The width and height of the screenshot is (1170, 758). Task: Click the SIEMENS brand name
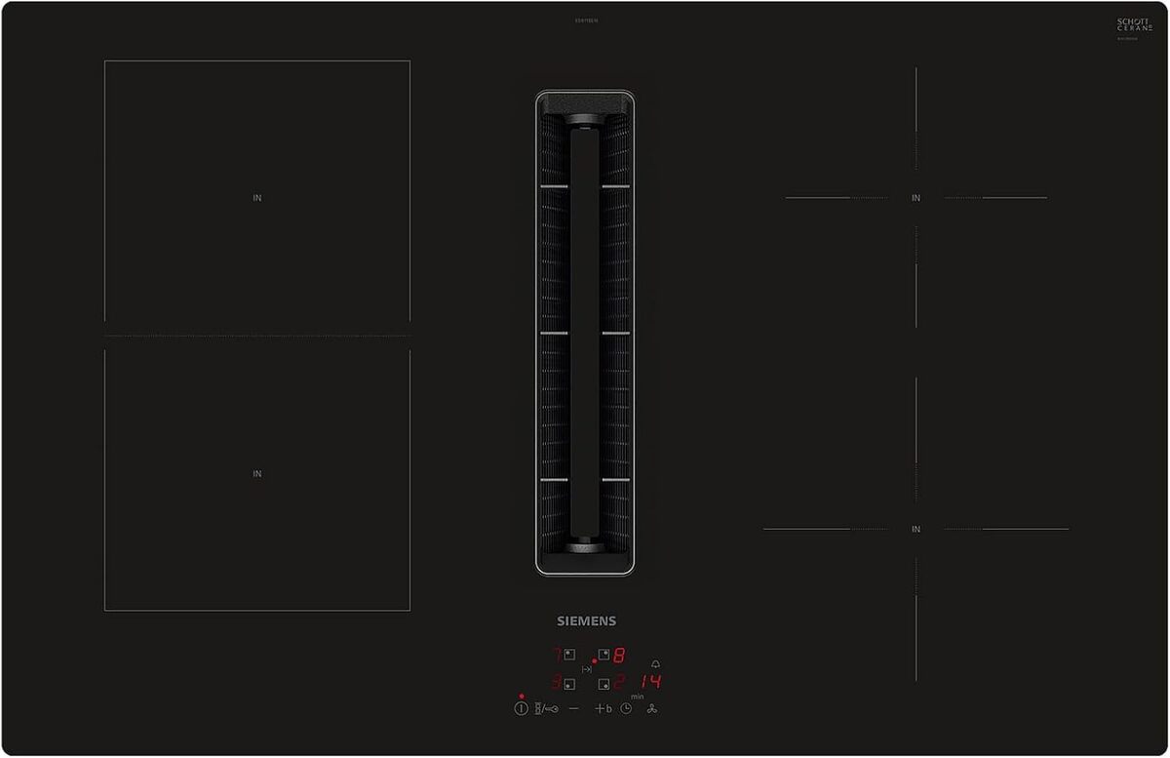586,620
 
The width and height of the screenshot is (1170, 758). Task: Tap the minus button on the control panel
573,708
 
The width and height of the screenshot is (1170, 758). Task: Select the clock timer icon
626,708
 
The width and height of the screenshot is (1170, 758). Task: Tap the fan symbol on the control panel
652,708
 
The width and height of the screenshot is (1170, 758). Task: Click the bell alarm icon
655,663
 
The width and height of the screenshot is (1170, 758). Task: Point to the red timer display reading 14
650,682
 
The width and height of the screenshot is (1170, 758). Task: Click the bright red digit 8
618,656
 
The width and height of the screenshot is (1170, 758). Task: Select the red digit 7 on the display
557,655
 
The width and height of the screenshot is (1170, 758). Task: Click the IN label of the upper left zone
257,198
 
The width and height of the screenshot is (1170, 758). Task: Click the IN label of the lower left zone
257,474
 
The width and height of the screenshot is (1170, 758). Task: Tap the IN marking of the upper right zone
916,198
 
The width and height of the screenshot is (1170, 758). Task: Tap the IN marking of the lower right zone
916,529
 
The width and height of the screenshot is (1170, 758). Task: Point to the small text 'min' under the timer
637,697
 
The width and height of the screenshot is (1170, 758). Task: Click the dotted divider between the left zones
257,336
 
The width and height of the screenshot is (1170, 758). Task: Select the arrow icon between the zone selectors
587,669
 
